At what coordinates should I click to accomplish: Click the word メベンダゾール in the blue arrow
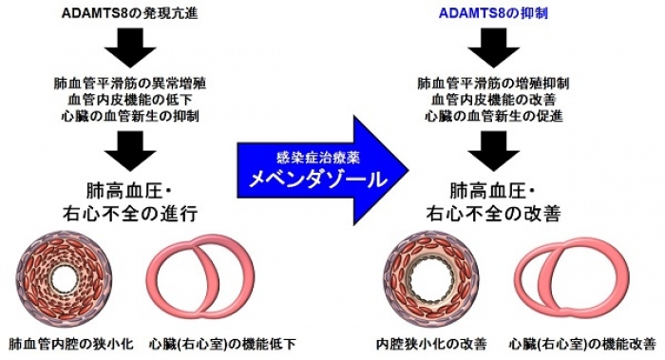[x=301, y=177]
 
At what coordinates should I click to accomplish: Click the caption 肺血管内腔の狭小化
[x=67, y=342]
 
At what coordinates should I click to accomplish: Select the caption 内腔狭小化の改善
[x=429, y=342]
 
